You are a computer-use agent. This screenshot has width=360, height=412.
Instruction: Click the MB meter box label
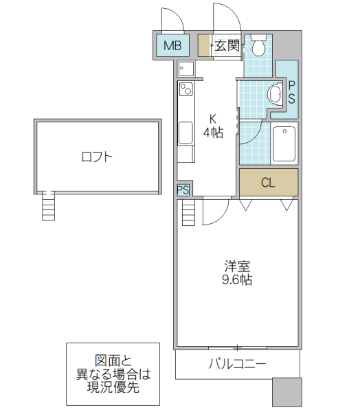coord(173,47)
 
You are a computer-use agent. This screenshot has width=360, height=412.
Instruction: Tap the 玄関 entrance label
coord(227,47)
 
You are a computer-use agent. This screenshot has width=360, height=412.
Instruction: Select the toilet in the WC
coord(259,47)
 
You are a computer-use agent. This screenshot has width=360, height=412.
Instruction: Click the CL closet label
coord(268,183)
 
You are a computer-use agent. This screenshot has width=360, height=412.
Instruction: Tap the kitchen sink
coord(185,132)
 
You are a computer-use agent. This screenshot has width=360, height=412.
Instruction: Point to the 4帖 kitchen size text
coord(213,133)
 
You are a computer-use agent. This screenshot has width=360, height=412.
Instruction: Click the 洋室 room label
coord(236,266)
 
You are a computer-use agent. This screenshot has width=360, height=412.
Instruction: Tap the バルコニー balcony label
coord(237,364)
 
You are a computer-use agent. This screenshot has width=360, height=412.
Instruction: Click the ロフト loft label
coord(96,157)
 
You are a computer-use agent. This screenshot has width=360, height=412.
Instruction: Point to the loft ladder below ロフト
coord(47,205)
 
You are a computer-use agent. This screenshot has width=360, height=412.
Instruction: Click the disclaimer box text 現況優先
coord(112,387)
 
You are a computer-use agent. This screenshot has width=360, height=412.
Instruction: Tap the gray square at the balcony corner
coord(286,392)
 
